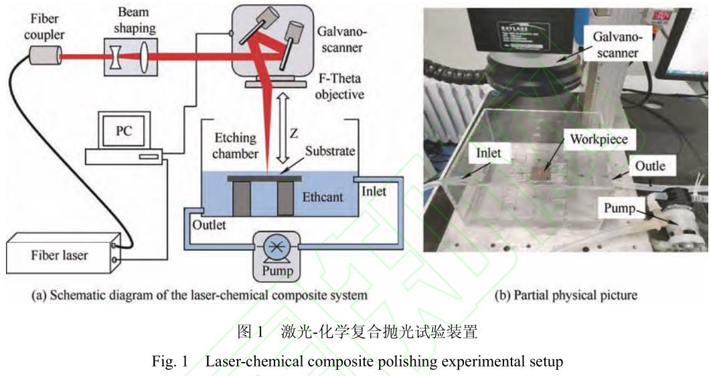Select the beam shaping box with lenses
point(131,56)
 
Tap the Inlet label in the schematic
point(374,191)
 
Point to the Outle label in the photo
point(649,165)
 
